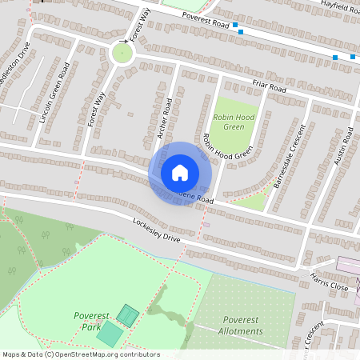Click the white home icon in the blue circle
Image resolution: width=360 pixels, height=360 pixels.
(x=180, y=173)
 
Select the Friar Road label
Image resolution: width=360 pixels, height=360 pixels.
(x=268, y=87)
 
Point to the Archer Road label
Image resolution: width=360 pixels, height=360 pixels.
(x=166, y=118)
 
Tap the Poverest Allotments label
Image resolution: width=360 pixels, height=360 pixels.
(x=239, y=326)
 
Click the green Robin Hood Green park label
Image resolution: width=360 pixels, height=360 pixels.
(x=233, y=122)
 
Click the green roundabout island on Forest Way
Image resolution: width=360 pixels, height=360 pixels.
(x=122, y=54)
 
